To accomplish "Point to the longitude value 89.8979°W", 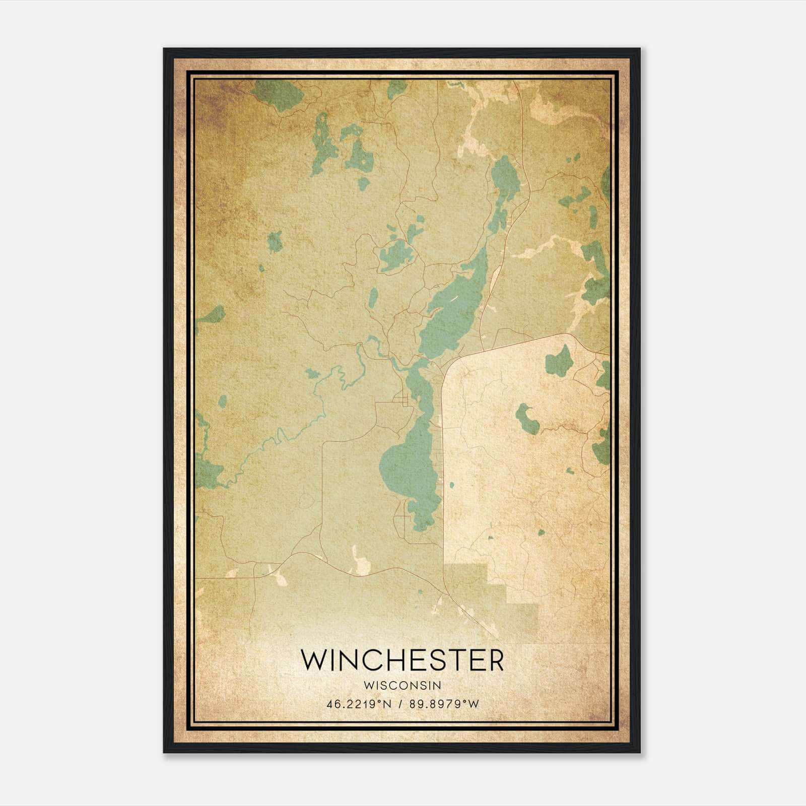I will tap(444, 704).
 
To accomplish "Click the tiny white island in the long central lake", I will tap(454, 299).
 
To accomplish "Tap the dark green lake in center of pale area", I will tap(526, 418).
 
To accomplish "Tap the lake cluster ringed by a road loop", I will tap(395, 256).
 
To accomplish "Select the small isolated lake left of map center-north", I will tap(275, 242).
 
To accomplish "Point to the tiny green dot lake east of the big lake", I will tap(451, 485).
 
